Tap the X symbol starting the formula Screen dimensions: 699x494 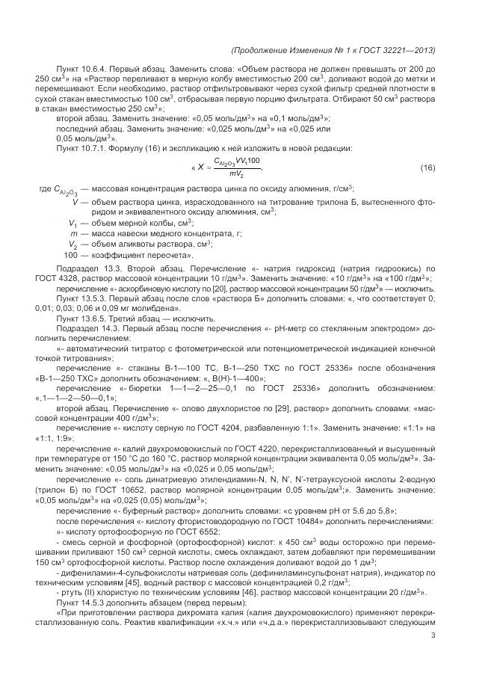(x=200, y=167)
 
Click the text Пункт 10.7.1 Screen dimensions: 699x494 (x=84, y=148)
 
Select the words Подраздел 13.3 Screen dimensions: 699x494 (x=88, y=267)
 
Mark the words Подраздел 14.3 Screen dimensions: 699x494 (x=88, y=328)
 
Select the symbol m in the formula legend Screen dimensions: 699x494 (x=72, y=233)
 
